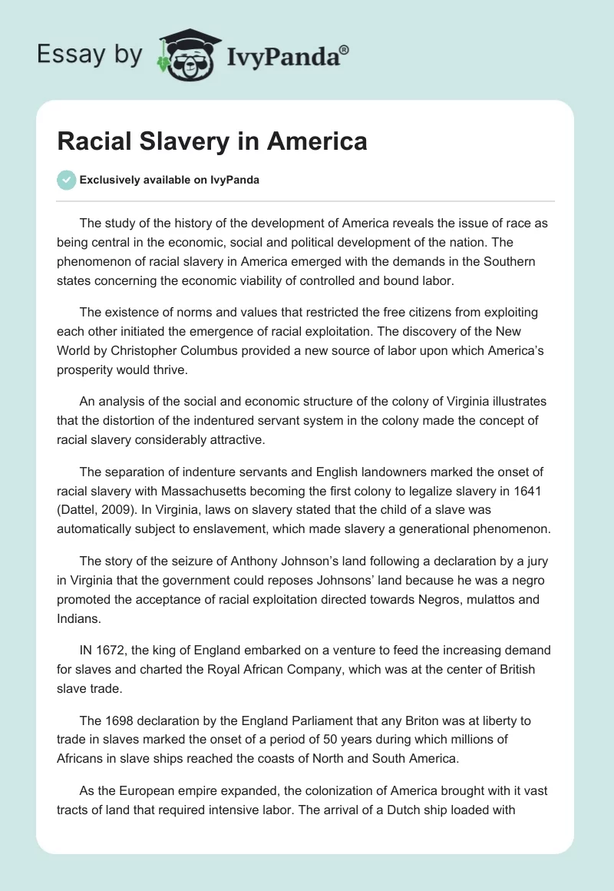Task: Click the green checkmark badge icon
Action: coord(66,180)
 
